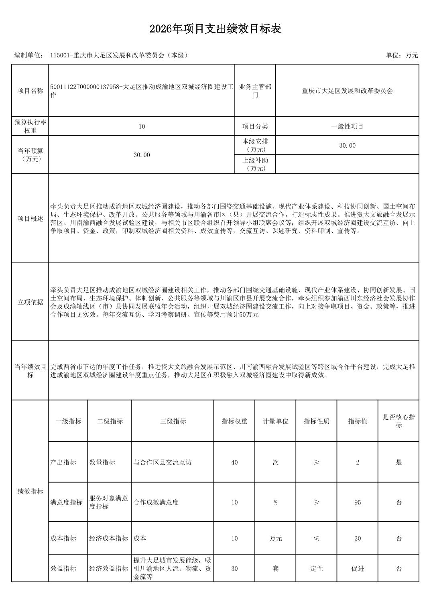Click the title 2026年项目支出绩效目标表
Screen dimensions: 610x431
click(x=215, y=29)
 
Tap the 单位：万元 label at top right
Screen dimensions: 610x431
click(x=402, y=55)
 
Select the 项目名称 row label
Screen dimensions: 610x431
click(x=30, y=91)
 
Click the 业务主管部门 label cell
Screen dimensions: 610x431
click(x=255, y=91)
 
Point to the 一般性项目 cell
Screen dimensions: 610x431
click(x=347, y=126)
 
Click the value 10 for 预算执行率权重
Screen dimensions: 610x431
click(x=142, y=126)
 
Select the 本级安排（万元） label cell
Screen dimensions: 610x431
click(x=255, y=145)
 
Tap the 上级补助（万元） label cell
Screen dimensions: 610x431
click(x=255, y=164)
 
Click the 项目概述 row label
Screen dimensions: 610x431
click(x=30, y=219)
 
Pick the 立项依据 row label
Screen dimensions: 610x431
click(x=30, y=302)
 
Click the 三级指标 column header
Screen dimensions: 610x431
click(x=173, y=421)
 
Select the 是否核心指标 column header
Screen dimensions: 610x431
click(x=398, y=421)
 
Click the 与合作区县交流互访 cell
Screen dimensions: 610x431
click(x=163, y=462)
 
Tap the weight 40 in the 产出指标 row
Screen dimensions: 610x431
click(x=234, y=462)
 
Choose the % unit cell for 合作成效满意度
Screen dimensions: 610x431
click(x=275, y=502)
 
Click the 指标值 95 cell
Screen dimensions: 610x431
click(x=358, y=502)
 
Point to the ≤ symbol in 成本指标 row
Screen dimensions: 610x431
click(x=317, y=539)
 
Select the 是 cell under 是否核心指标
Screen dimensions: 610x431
click(x=398, y=462)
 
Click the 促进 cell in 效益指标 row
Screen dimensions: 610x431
click(x=358, y=569)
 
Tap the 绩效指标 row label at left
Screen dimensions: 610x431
click(x=30, y=491)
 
